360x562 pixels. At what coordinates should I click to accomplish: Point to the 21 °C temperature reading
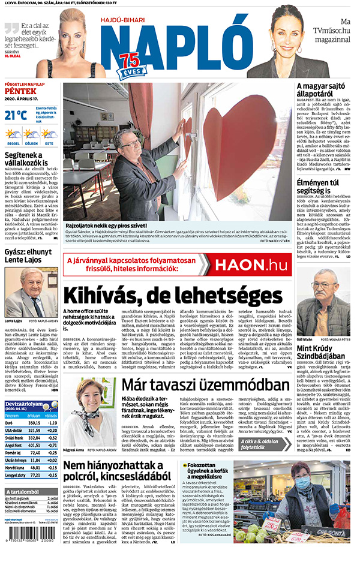16,115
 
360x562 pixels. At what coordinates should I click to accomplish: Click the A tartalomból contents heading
22,492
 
